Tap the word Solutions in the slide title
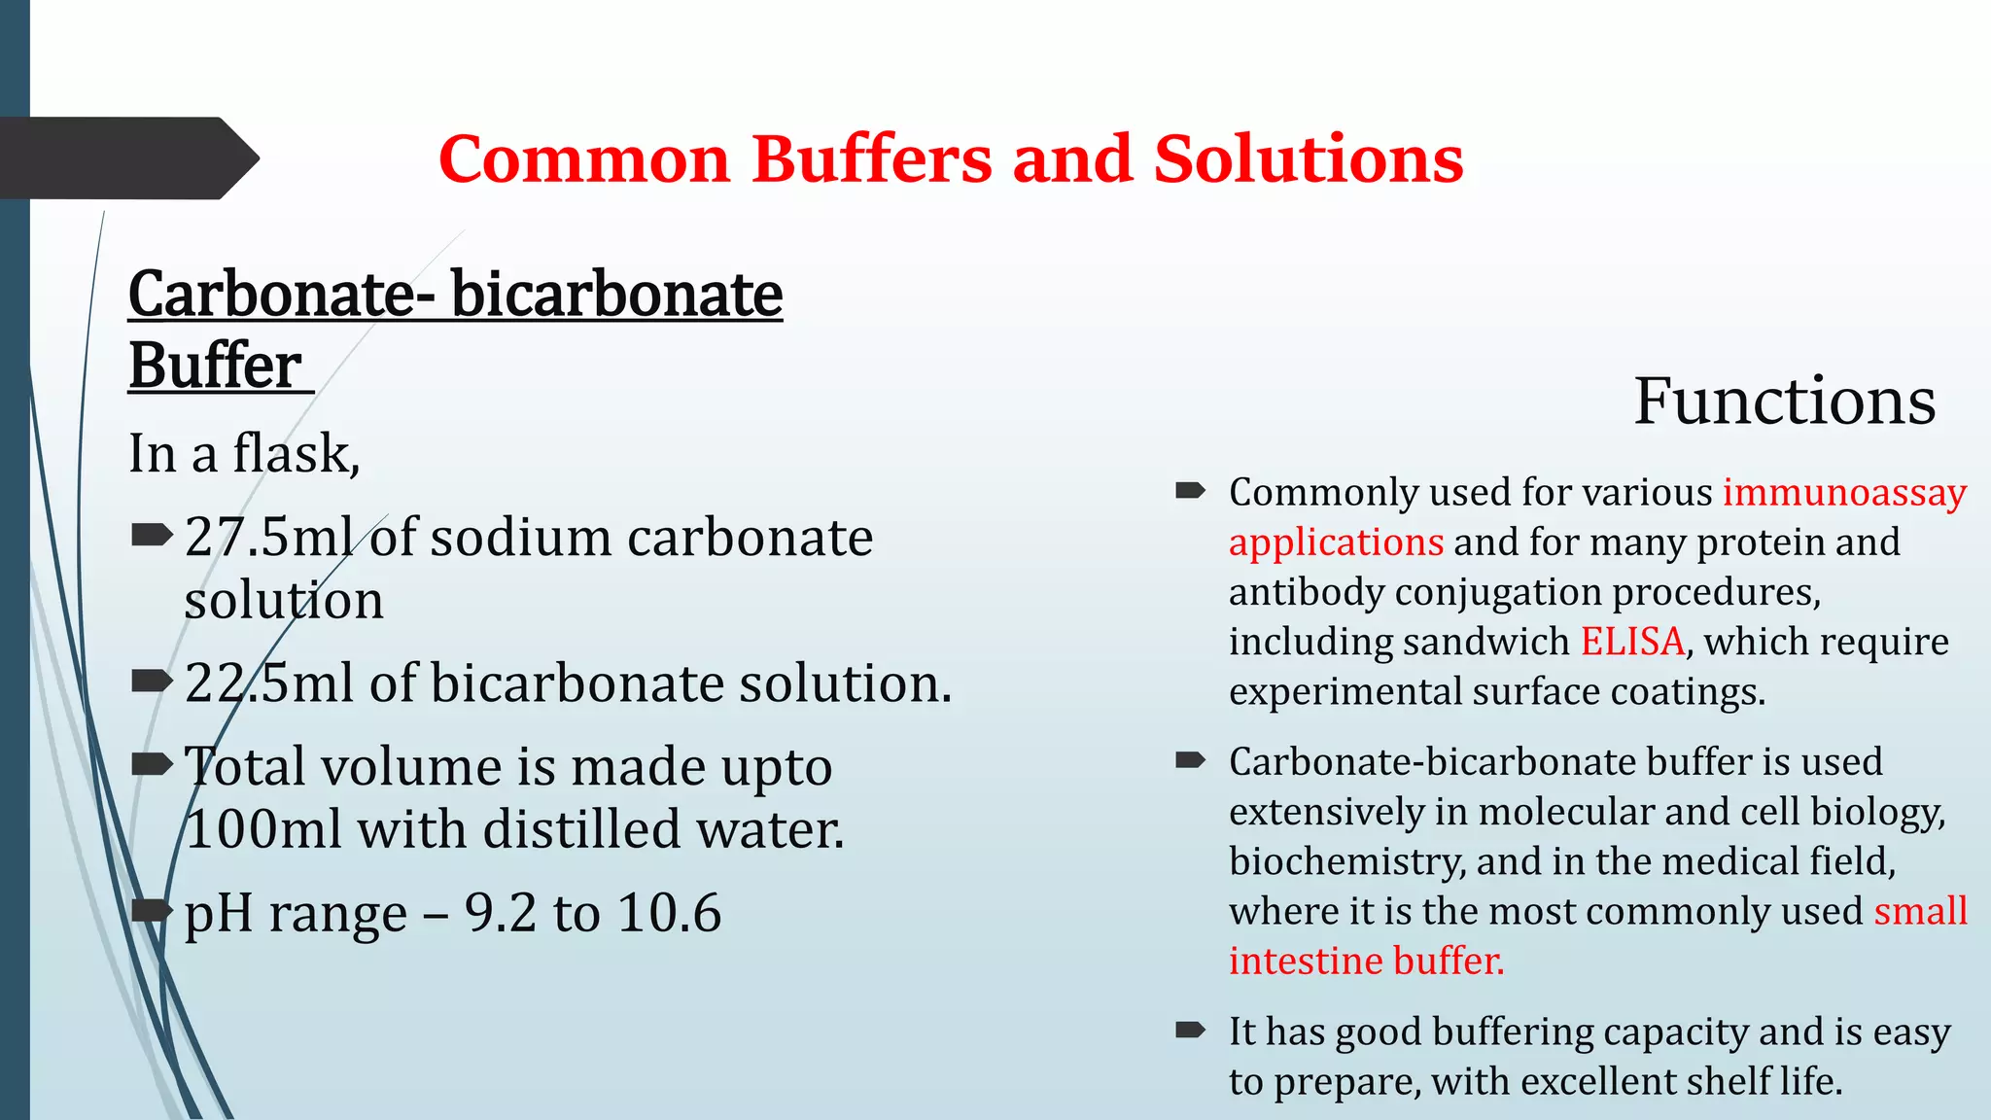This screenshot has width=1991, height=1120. coord(1309,159)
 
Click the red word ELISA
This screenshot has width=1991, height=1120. coord(1632,642)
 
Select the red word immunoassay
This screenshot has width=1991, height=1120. coord(1844,493)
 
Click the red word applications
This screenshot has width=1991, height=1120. coord(1336,542)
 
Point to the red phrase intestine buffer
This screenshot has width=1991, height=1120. coord(1366,962)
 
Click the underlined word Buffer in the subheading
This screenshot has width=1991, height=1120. coord(215,367)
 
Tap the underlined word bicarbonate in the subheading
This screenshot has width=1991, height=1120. coord(616,295)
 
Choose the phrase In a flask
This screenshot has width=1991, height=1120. coord(244,454)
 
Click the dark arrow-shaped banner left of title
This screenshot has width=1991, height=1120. coord(126,158)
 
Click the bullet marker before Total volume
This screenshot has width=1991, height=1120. coord(151,765)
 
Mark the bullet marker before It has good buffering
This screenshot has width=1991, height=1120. coord(1190,1031)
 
